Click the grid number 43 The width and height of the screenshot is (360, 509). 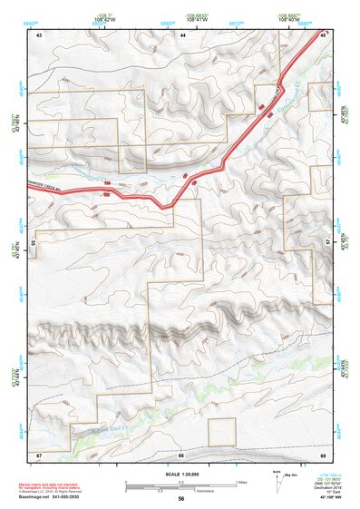pos(39,34)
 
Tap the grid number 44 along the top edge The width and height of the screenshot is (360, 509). pos(182,34)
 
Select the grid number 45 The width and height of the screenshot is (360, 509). pos(324,34)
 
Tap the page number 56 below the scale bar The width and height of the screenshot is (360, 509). pos(180,498)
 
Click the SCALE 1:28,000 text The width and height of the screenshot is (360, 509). pos(180,475)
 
